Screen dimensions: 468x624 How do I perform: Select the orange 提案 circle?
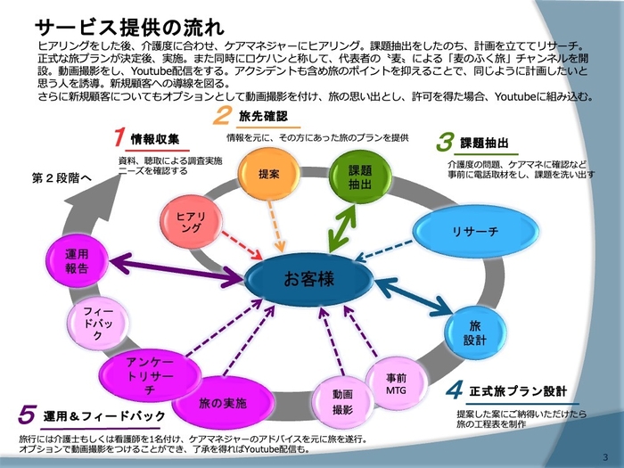(268, 175)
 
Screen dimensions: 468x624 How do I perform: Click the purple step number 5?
(28, 415)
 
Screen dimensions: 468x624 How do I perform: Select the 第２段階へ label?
(62, 178)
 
